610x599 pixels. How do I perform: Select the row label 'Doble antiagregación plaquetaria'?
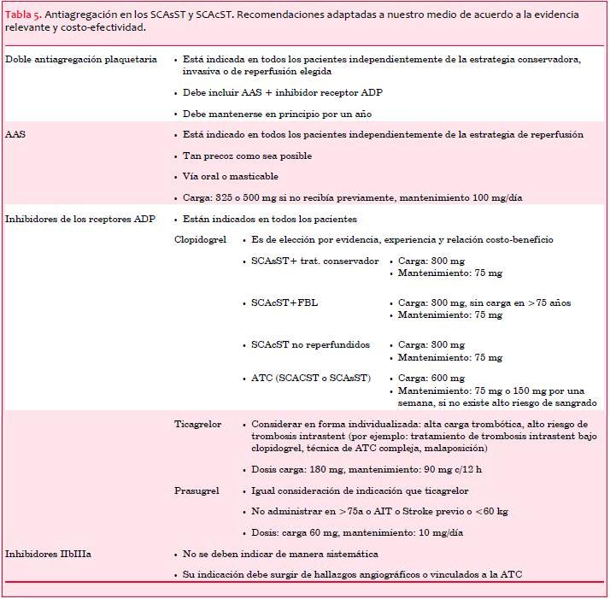[81, 60]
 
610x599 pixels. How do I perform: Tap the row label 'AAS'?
[15, 135]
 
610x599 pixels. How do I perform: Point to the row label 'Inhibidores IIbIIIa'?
[49, 555]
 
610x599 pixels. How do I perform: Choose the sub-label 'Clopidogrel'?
[201, 240]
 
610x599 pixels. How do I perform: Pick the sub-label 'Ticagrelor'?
[198, 425]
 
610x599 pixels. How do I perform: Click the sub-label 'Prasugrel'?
[196, 491]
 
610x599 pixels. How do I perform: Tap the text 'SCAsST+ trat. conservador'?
[314, 261]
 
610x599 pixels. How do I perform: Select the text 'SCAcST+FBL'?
[284, 303]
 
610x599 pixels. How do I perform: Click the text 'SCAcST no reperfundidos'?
[310, 345]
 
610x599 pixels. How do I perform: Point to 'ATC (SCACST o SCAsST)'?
[311, 378]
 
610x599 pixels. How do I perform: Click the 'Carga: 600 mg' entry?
[431, 378]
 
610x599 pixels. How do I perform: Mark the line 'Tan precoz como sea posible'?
[247, 156]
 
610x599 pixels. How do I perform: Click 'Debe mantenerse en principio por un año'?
[277, 114]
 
